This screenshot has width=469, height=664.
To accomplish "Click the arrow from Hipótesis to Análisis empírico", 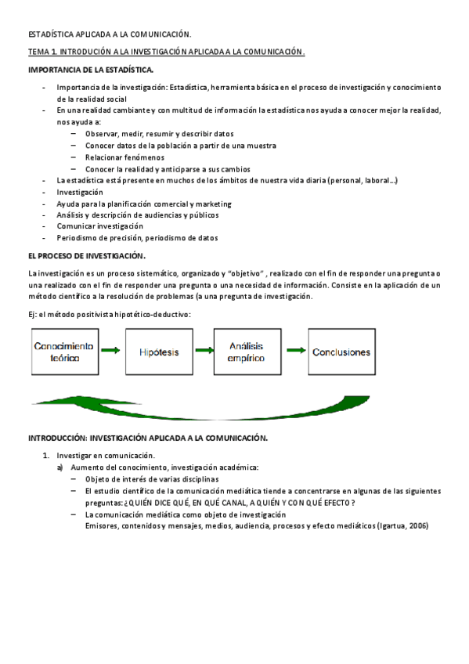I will tap(202, 352).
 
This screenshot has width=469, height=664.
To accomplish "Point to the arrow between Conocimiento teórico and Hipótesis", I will tap(110, 352).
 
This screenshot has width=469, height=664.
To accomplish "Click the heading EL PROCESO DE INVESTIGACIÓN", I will tap(87, 255).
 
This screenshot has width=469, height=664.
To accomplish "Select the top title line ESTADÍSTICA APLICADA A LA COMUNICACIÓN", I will tap(110, 34).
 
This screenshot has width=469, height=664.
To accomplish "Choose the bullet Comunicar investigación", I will tap(99, 226).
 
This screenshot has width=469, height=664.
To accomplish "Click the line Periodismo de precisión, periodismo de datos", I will tap(137, 238).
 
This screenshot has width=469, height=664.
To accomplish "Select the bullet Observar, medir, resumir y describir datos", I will tap(160, 134).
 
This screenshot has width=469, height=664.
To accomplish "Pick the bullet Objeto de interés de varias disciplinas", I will tap(152, 479).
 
